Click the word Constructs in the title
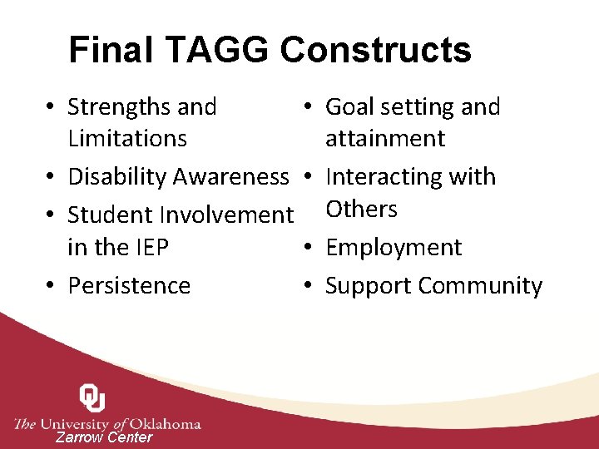pos(375,50)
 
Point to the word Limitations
pos(127,138)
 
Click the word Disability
pos(117,177)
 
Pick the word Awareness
pos(231,177)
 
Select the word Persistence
pos(129,285)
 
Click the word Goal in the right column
pos(350,107)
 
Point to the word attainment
pos(385,138)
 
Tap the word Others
pos(362,209)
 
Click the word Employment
pos(394,248)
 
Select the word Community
pos(480,285)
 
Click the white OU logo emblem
pos(92,398)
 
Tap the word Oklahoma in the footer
pos(166,423)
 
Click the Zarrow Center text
pos(104,438)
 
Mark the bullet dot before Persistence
pos(52,285)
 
